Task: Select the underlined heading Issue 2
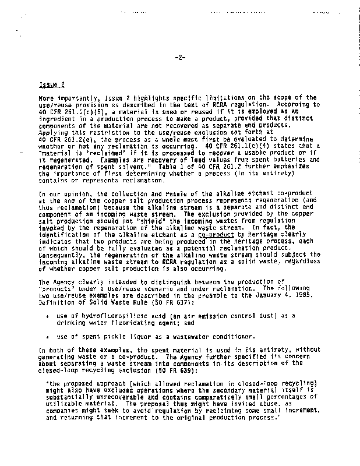point(48,84)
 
